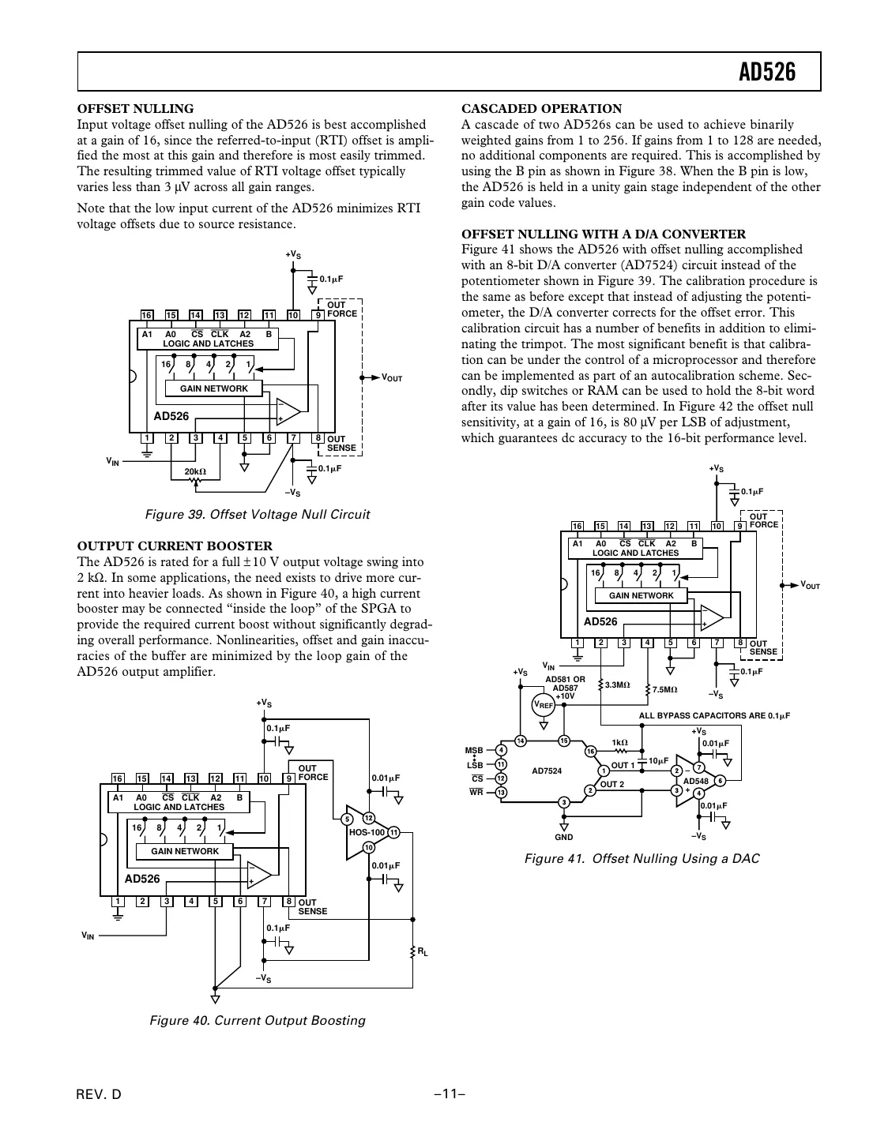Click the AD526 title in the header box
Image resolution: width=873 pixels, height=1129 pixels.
coord(767,73)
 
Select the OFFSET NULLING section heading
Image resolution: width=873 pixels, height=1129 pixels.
coord(135,109)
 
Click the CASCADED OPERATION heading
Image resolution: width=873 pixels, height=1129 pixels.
coord(541,109)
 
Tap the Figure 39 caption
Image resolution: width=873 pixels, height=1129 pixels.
coord(258,515)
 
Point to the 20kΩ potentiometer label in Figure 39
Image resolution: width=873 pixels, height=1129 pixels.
coord(194,472)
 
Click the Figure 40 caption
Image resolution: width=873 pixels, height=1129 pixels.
coord(258,1020)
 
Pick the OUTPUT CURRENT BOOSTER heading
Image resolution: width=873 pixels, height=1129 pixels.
coord(175,546)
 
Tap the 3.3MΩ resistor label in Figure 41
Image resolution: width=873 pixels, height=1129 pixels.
coord(617,685)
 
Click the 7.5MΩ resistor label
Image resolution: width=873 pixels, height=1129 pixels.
coord(664,690)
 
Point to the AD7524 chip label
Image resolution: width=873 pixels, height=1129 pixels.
coord(547,771)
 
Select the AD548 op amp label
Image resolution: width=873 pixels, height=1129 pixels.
coord(695,781)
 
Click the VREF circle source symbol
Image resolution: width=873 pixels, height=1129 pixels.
coord(543,705)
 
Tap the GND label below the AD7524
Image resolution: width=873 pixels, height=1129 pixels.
coord(563,837)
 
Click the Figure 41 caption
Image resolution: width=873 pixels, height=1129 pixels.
coord(642,859)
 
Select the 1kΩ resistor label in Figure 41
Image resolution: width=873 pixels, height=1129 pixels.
coord(619,743)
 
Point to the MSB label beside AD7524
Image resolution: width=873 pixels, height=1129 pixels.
coord(473,750)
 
